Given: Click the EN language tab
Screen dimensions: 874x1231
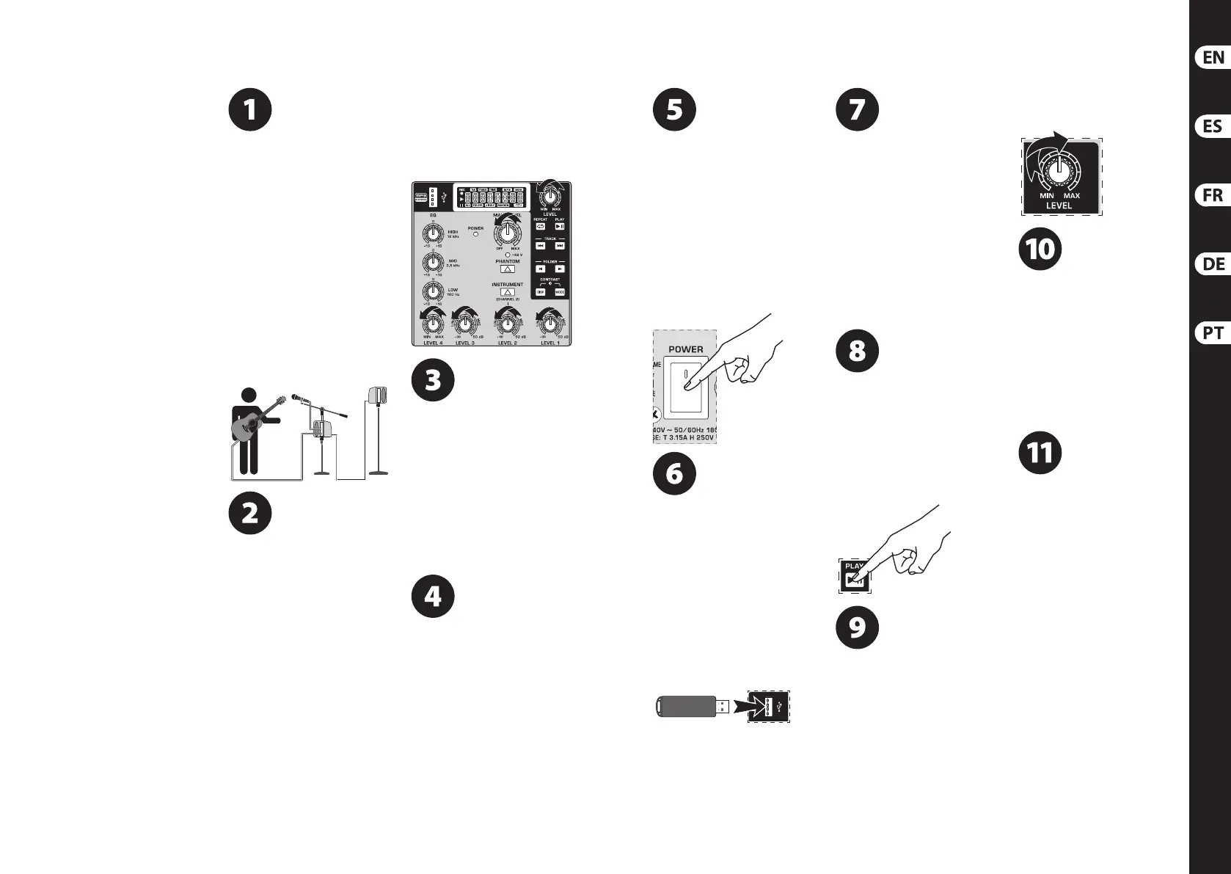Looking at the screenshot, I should [x=1213, y=57].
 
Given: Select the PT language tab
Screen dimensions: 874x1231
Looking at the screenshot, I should [x=1213, y=333].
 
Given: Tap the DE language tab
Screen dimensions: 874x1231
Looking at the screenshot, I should [x=1213, y=264].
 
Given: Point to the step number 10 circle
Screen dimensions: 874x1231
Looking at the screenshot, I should [x=1040, y=250].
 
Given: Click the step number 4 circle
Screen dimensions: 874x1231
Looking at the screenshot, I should [x=433, y=597].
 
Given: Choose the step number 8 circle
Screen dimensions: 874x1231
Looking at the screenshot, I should [x=857, y=351].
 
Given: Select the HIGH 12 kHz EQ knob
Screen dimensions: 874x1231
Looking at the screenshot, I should [x=433, y=233].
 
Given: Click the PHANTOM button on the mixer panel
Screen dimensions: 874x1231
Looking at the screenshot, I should [x=507, y=269].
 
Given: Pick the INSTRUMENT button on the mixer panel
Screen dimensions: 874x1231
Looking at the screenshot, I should [x=507, y=292].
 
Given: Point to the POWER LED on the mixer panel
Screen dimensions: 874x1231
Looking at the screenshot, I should [x=475, y=235].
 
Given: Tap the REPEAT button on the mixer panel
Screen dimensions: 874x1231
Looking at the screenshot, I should [x=541, y=227].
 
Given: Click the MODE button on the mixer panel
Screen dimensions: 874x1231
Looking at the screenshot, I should [x=560, y=292].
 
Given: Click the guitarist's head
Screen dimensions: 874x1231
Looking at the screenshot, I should [x=249, y=396].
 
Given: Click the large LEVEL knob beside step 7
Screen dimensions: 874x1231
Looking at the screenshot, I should [x=1058, y=171].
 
